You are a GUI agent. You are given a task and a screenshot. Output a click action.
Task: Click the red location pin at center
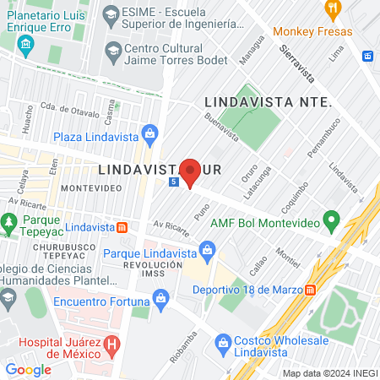191,171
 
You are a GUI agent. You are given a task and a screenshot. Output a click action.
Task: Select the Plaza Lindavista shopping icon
150,133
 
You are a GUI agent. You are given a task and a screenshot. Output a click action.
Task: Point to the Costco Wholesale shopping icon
223,343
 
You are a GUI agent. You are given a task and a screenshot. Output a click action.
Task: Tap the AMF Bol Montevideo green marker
332,222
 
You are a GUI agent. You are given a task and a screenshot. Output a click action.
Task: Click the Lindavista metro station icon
122,226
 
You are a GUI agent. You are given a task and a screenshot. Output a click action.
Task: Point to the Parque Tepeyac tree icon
8,223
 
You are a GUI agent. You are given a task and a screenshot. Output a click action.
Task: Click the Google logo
28,369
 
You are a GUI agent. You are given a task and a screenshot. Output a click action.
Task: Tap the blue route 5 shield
173,182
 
